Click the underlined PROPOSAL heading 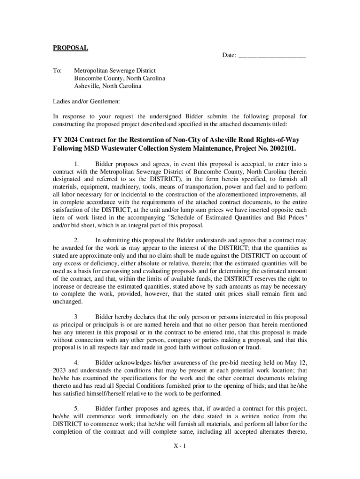[x=70, y=48]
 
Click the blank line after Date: [x=272, y=56]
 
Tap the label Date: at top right [x=229, y=56]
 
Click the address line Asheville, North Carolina [x=108, y=86]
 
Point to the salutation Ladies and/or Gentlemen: [x=86, y=101]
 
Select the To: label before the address [x=57, y=70]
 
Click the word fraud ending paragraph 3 [x=250, y=347]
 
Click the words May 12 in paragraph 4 [x=295, y=363]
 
